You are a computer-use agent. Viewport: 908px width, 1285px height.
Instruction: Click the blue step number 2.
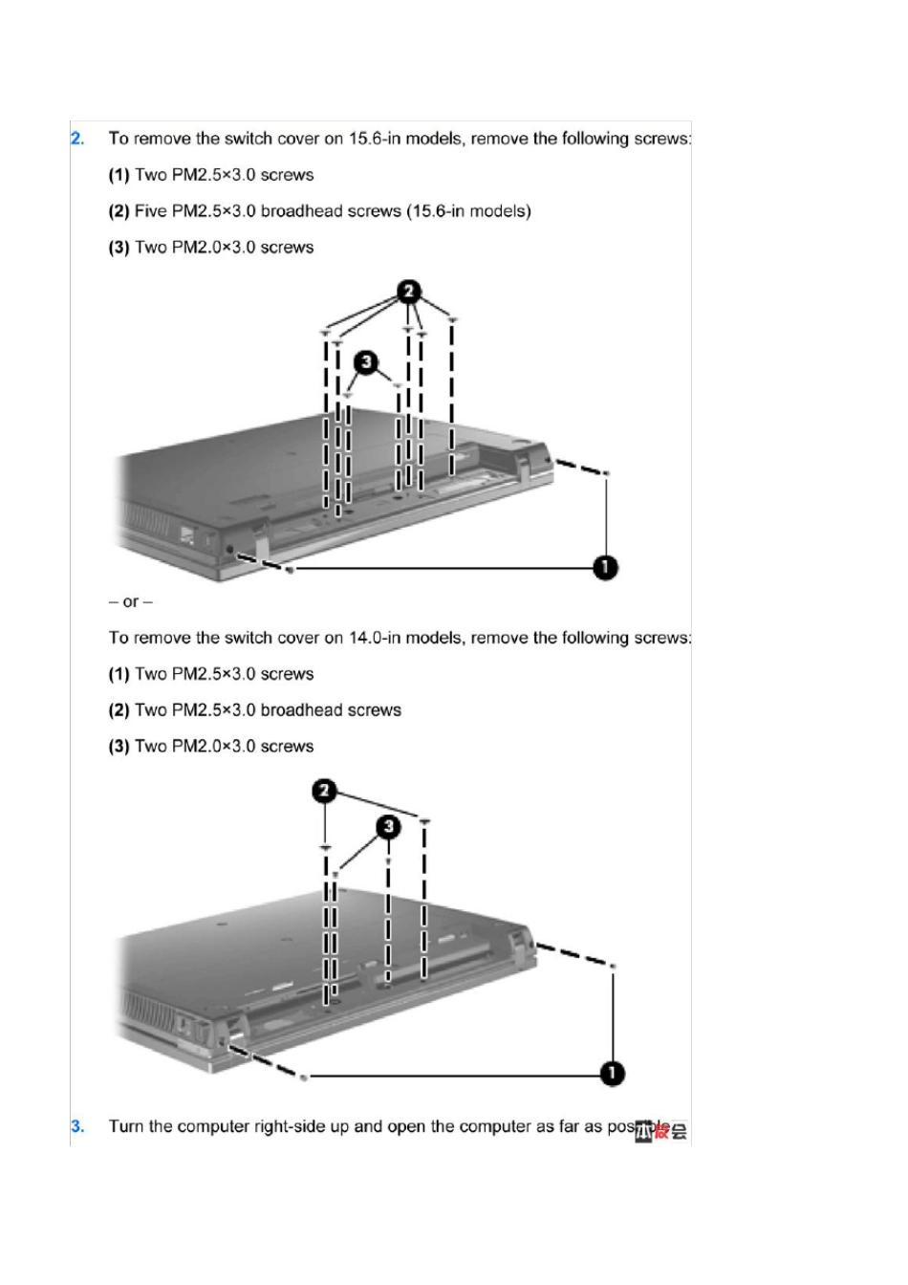pyautogui.click(x=77, y=139)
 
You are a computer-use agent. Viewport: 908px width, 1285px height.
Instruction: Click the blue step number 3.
pyautogui.click(x=77, y=1126)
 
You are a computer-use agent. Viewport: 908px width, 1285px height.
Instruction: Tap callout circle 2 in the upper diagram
pyautogui.click(x=409, y=290)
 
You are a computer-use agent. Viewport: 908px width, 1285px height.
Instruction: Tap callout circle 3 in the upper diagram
pyautogui.click(x=367, y=362)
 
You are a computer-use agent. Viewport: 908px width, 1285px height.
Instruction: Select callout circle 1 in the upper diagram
pyautogui.click(x=605, y=568)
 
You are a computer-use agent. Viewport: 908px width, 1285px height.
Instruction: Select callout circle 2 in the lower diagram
pyautogui.click(x=325, y=791)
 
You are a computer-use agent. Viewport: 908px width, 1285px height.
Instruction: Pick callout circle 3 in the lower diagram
pyautogui.click(x=387, y=826)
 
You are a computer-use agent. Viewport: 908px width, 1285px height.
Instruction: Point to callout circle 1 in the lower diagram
pyautogui.click(x=612, y=1074)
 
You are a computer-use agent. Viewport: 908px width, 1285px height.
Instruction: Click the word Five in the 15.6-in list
pyautogui.click(x=150, y=211)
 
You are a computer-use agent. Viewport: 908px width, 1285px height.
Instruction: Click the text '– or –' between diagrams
pyautogui.click(x=131, y=602)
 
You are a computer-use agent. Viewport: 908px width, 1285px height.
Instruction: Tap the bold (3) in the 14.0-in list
pyautogui.click(x=119, y=747)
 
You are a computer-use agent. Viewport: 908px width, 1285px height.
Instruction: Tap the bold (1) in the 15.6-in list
pyautogui.click(x=119, y=175)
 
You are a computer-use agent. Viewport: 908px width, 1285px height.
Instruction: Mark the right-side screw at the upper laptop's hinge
pyautogui.click(x=607, y=473)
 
